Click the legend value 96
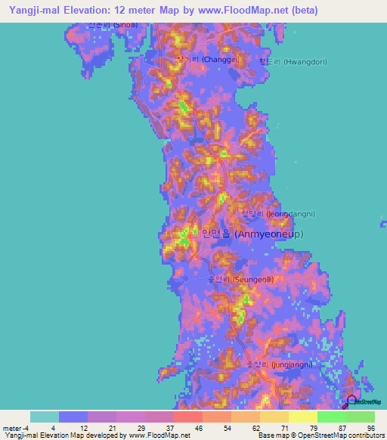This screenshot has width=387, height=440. point(370,427)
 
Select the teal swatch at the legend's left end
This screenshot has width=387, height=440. point(45,417)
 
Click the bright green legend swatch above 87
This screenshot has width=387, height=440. point(331,417)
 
